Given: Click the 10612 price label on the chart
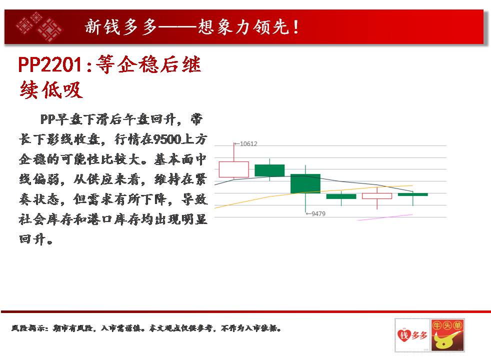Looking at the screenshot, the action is [248, 143].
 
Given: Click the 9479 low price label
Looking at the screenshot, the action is [318, 214].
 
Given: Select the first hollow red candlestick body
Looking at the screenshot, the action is [233, 169].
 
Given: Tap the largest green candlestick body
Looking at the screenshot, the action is [305, 183].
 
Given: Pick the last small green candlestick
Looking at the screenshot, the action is [412, 194].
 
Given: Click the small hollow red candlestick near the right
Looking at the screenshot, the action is [377, 196].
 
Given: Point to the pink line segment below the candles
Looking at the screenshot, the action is [385, 217].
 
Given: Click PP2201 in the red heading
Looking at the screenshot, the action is [50, 65].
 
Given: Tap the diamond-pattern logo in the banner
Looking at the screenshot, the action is [39, 27].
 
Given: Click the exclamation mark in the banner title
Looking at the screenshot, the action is [295, 26].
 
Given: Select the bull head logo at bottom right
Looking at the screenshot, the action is [447, 335].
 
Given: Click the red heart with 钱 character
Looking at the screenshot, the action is [404, 335].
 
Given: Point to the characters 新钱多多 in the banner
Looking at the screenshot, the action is [120, 26].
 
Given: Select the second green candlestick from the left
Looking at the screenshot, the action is [305, 183].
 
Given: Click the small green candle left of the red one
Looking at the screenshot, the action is [341, 196].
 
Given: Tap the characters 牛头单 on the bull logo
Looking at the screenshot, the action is [447, 325].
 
